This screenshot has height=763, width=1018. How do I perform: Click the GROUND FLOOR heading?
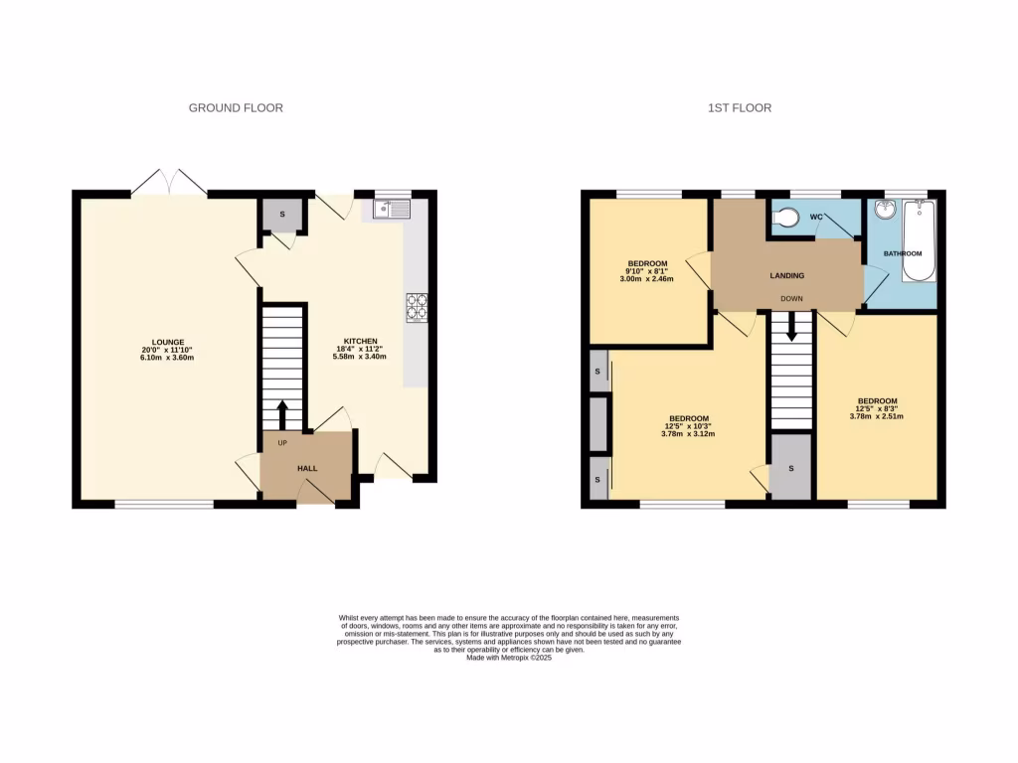(x=236, y=107)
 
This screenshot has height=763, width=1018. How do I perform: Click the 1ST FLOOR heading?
(x=740, y=107)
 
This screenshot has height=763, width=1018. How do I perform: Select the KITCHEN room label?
(x=356, y=342)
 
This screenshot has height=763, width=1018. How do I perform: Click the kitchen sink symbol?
(x=393, y=209)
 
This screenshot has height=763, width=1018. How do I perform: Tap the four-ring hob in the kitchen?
(x=417, y=308)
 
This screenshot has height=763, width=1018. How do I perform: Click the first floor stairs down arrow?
(x=791, y=327)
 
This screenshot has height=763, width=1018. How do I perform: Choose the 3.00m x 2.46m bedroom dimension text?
(x=647, y=279)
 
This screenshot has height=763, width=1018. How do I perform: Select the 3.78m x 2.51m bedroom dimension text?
(x=877, y=416)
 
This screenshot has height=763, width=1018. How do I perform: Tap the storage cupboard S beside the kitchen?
(x=280, y=215)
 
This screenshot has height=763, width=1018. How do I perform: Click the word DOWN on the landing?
(x=791, y=298)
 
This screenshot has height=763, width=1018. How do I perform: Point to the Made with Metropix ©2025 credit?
(x=508, y=658)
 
